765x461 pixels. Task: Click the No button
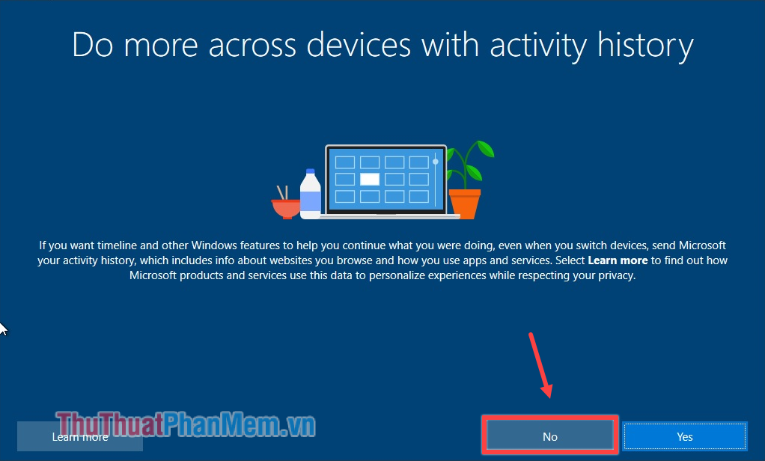click(x=550, y=436)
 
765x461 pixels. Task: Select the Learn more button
click(x=80, y=436)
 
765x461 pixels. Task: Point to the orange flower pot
click(x=464, y=203)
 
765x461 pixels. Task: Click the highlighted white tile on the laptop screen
click(x=370, y=179)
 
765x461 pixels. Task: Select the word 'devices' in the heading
click(x=357, y=45)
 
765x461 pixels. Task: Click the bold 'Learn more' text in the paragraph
click(x=618, y=260)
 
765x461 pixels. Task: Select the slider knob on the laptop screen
click(x=435, y=162)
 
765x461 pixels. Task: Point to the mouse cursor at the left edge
click(x=3, y=329)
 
